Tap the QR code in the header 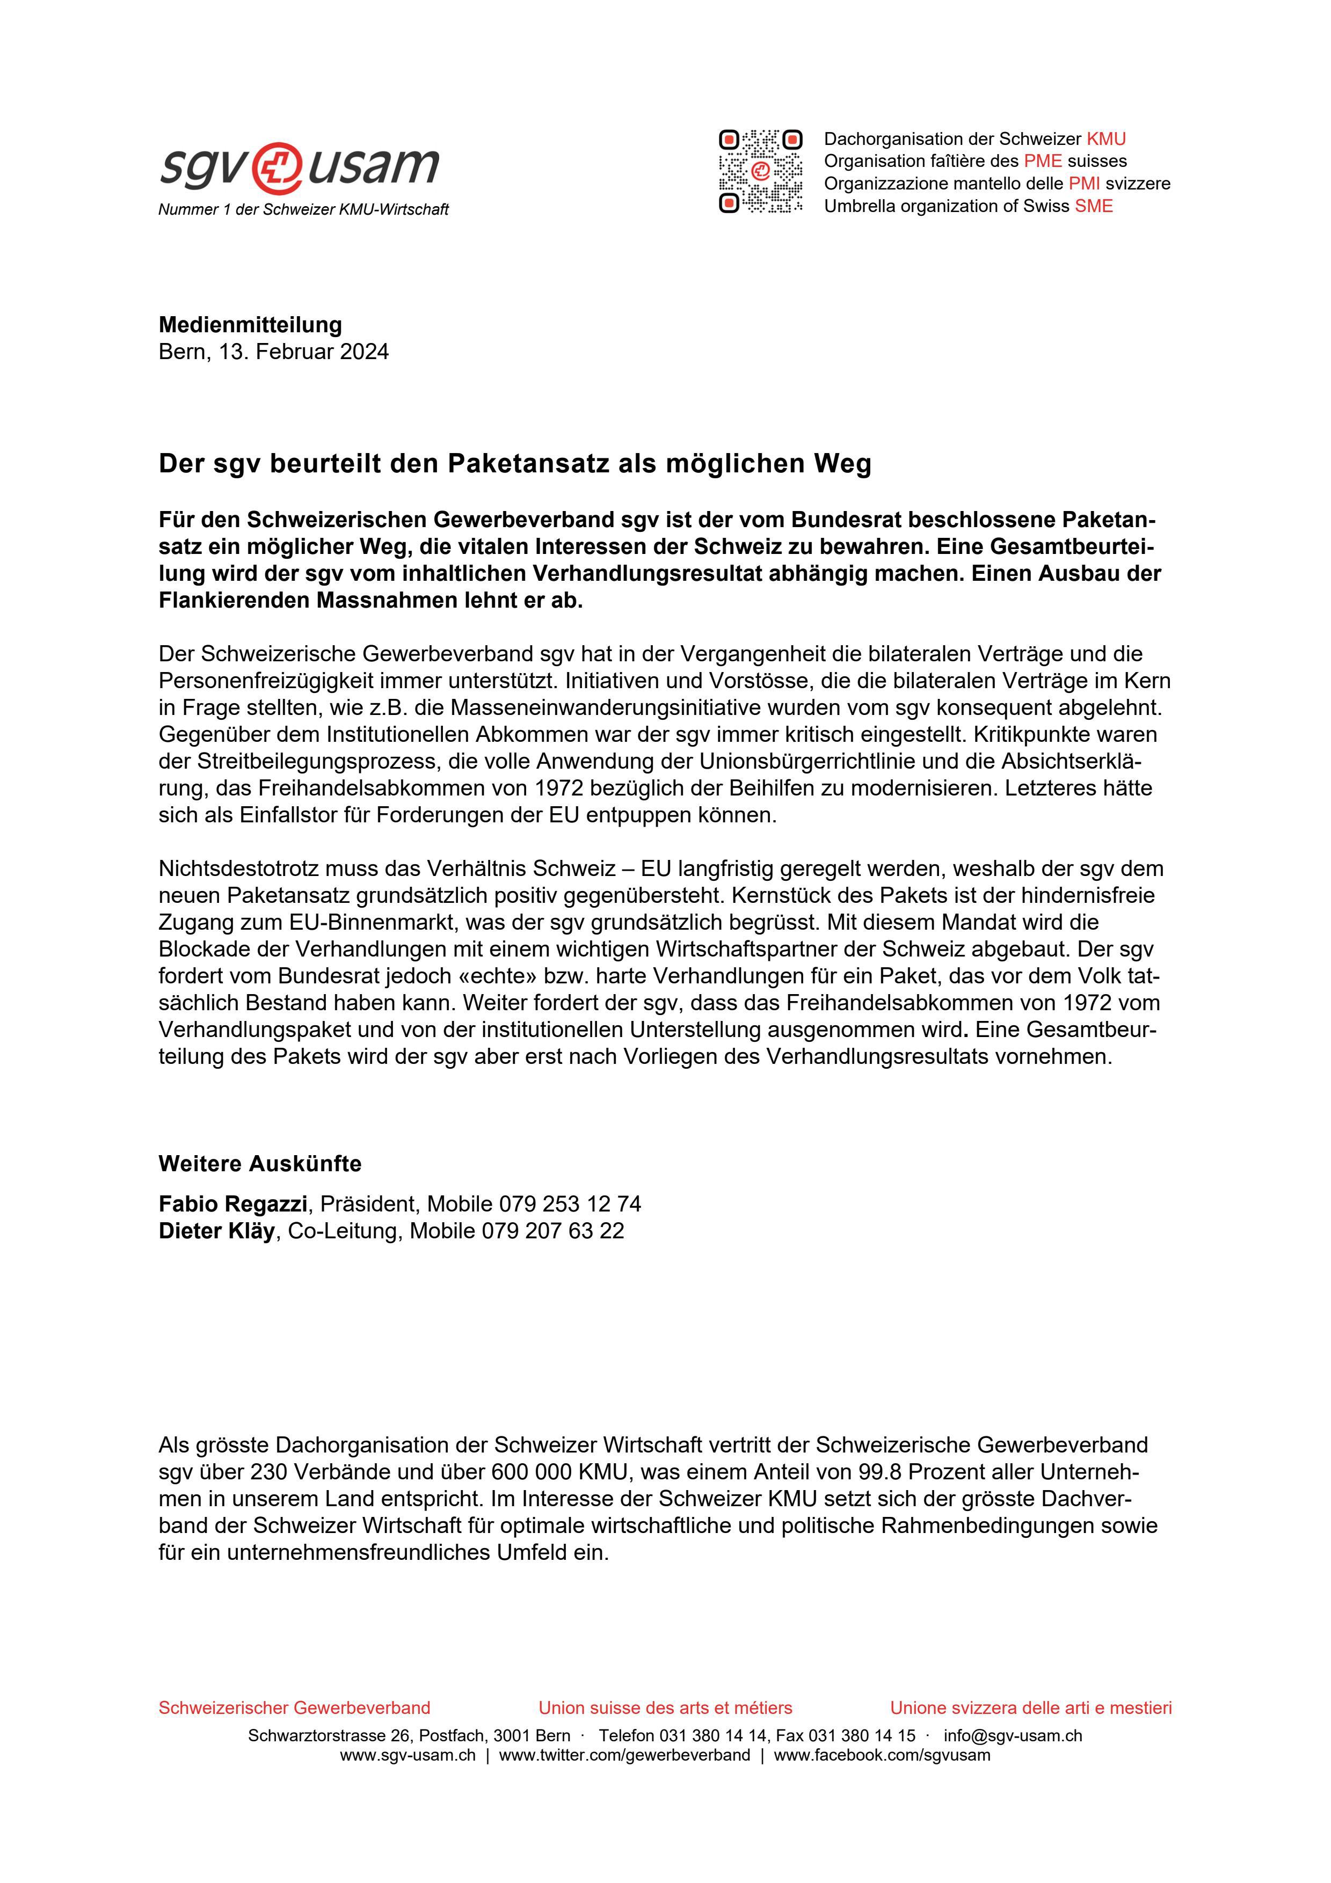[x=760, y=171]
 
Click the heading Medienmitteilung [x=250, y=325]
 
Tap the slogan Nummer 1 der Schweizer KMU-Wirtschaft [x=303, y=210]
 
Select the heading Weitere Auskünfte [x=260, y=1164]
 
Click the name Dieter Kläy [x=216, y=1231]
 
